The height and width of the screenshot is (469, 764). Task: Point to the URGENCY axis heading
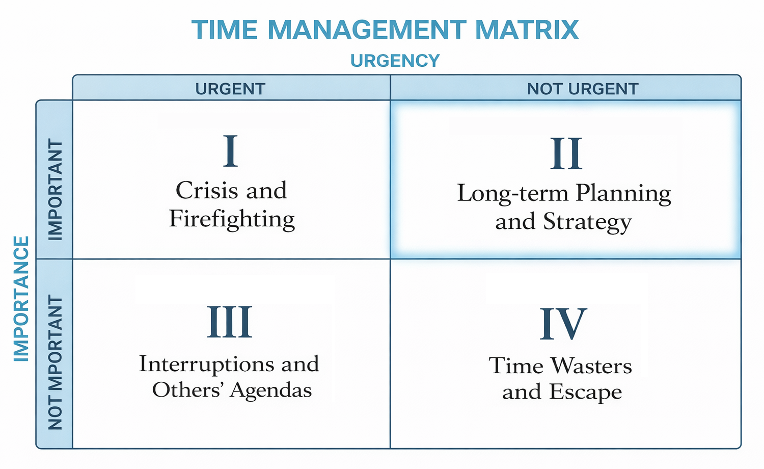point(395,61)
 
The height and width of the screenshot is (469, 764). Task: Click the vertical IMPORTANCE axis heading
point(21,299)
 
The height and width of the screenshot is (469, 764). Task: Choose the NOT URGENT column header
point(582,89)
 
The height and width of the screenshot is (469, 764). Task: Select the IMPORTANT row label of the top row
point(55,190)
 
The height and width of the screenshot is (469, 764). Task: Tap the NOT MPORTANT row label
point(55,363)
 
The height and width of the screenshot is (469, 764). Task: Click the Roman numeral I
point(230,151)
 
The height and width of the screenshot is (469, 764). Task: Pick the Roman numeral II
point(565,154)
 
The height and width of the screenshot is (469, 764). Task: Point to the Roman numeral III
point(229,322)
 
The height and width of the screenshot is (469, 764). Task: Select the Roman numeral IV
point(563,324)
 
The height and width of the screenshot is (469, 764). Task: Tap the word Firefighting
point(232,219)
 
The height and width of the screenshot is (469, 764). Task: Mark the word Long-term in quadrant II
point(512,194)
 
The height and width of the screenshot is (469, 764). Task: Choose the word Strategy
point(587,222)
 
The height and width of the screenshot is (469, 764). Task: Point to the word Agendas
point(270,390)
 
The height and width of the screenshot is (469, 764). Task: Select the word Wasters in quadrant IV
point(591,366)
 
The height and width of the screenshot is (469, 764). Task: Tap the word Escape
point(586,392)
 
